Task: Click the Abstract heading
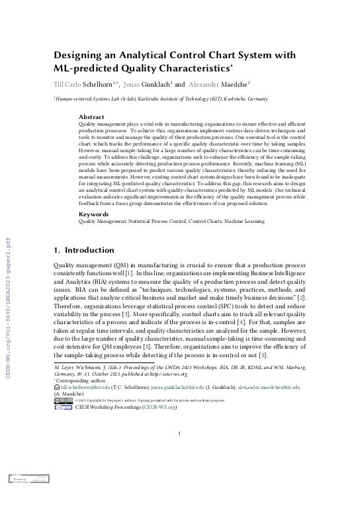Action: (91, 116)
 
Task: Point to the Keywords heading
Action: (94, 215)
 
